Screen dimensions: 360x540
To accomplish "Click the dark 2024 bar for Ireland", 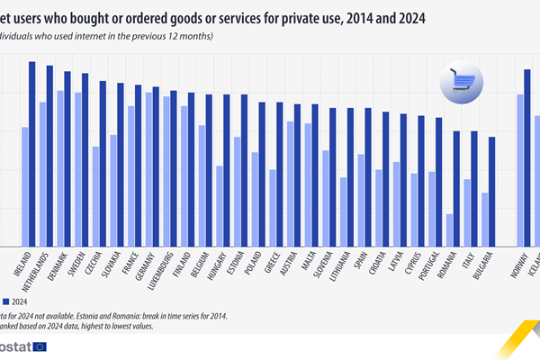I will coord(31,153).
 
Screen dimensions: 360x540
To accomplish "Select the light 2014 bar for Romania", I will coord(449,229).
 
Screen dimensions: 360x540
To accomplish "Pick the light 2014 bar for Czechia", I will coord(95,196).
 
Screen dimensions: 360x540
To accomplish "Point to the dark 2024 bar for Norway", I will coord(527,157).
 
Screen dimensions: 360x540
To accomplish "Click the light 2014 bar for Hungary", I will coord(220,206).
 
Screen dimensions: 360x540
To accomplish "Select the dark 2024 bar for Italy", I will coord(474,188).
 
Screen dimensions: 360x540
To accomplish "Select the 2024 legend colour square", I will coord(5,301).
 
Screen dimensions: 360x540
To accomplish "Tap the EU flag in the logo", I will coord(39,347).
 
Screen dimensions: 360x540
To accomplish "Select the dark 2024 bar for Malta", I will coord(314,175).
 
